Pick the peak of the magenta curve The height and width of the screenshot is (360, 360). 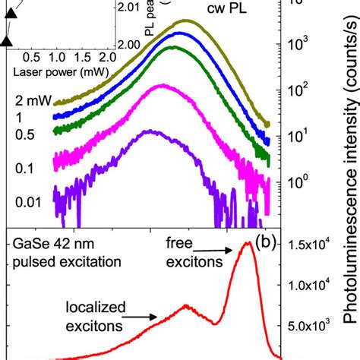coord(161,86)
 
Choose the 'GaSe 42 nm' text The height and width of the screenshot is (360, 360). coord(45,245)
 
